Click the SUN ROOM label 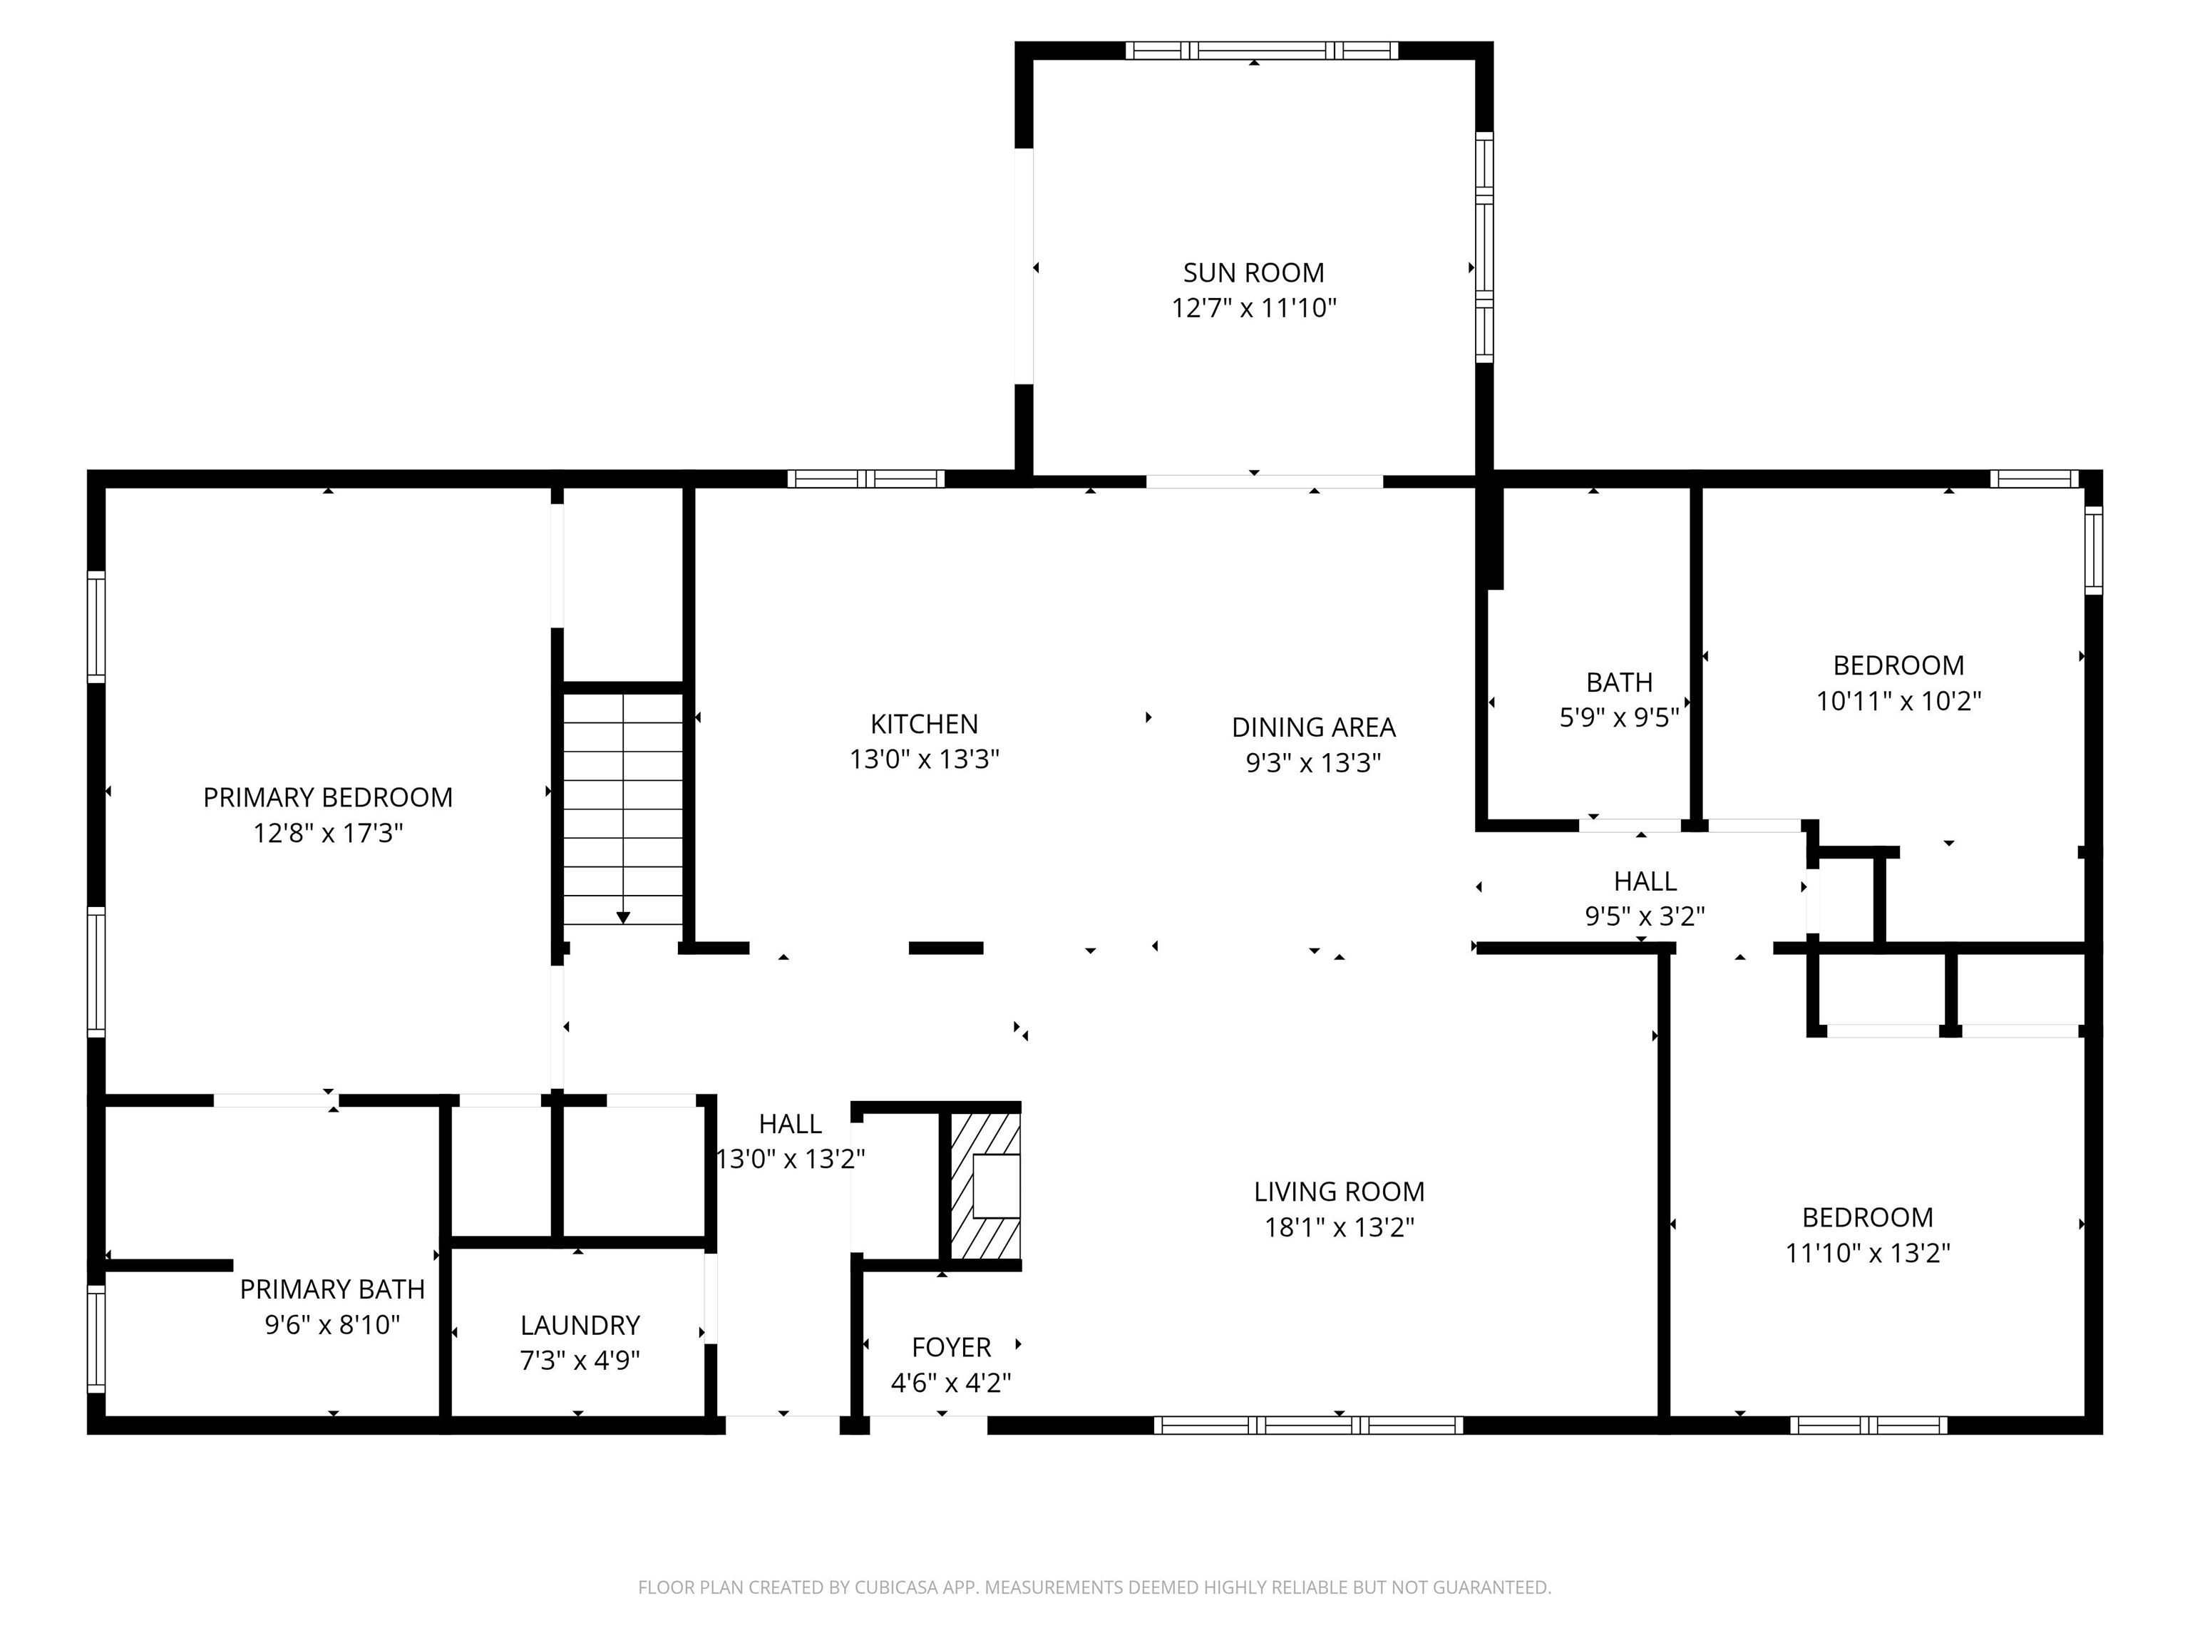coord(1253,272)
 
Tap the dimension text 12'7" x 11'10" coord(1253,308)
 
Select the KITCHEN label coord(924,724)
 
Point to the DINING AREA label coord(1313,727)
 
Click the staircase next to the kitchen coord(623,807)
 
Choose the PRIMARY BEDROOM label coord(328,797)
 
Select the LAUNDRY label coord(580,1325)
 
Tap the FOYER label coord(950,1347)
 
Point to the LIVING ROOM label coord(1339,1192)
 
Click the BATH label coord(1619,682)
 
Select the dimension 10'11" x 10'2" coord(1898,701)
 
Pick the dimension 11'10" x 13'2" coord(1867,1253)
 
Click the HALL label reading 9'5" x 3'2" coord(1645,881)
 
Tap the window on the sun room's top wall coord(1261,51)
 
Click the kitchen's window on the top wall coord(865,479)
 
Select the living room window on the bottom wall coord(1308,1425)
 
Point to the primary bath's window coord(96,1337)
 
